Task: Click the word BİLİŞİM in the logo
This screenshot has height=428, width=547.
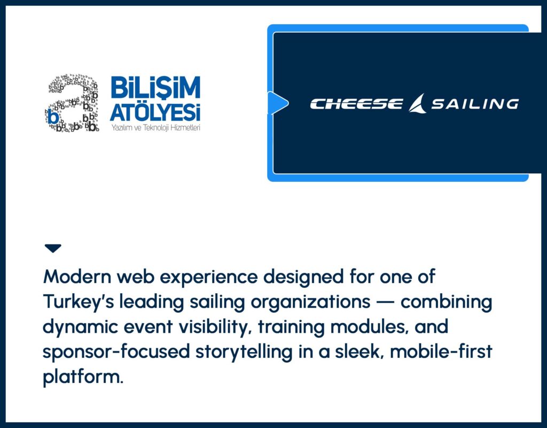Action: pos(155,87)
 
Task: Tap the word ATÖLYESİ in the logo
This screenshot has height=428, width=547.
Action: pos(155,112)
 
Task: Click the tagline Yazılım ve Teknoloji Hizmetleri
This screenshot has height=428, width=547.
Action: pos(155,128)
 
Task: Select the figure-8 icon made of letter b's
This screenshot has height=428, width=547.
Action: pos(72,103)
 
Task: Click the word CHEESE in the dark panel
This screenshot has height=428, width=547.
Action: pos(356,104)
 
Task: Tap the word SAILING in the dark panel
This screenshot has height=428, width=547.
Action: pos(475,104)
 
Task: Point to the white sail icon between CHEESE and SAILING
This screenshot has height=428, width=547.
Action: pos(417,103)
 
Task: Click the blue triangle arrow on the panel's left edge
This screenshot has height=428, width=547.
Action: pos(278,103)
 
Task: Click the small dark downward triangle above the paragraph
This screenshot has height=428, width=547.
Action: pos(53,248)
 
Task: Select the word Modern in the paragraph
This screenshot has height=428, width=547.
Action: pos(77,277)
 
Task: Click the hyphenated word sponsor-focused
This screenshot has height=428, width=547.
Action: pos(116,352)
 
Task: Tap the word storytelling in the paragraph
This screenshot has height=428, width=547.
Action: pos(244,352)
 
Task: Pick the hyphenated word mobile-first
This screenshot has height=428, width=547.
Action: pos(441,351)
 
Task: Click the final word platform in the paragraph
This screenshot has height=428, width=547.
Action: pos(83,377)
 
